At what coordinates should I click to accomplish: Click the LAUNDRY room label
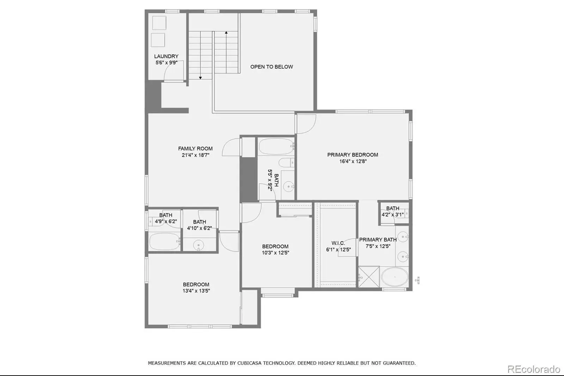pos(166,56)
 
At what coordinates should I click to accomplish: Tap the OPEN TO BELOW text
pos(271,67)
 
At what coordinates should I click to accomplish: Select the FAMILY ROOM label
pos(195,149)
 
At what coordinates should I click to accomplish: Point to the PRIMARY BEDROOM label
pos(352,155)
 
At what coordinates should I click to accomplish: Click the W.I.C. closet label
pos(338,243)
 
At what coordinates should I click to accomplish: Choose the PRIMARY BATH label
pos(378,239)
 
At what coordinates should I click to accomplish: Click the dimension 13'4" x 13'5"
pos(196,291)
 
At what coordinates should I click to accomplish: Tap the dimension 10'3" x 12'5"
pos(275,253)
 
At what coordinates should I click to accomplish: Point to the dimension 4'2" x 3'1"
pos(393,214)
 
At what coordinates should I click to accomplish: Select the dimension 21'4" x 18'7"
pos(195,155)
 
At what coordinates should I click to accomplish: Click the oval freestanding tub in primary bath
pos(394,277)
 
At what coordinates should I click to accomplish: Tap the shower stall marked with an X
pos(369,277)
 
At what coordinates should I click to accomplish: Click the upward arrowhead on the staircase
pos(226,32)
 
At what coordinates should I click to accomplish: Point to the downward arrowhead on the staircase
pos(201,78)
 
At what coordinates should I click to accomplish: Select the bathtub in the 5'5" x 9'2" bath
pos(276,146)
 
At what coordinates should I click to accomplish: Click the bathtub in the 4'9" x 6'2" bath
pos(164,241)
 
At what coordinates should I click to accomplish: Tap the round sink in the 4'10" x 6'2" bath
pos(199,245)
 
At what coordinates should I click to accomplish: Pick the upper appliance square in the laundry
pos(159,23)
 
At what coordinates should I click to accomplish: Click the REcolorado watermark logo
pos(534,369)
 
